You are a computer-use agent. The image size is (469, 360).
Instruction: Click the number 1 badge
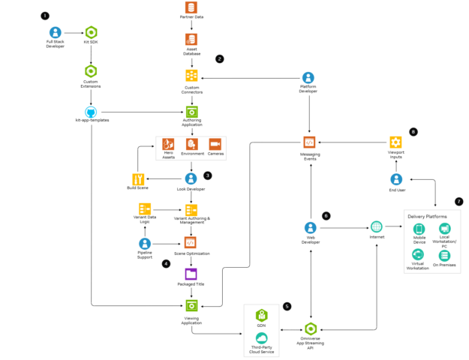[x=44, y=16]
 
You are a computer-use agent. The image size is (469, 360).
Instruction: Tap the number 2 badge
[x=220, y=58]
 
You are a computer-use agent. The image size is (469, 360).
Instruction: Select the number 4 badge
[x=167, y=263]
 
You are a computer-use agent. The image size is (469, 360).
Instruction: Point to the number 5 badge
[x=287, y=306]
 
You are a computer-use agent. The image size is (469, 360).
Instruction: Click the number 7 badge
[x=458, y=201]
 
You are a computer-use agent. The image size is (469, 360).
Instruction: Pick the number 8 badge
[x=413, y=132]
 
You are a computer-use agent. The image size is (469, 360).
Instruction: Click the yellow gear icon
[x=395, y=142]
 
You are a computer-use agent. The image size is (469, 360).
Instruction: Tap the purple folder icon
[x=191, y=274]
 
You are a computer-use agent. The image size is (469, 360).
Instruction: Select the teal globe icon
[x=376, y=226]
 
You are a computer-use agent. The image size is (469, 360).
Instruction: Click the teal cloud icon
[x=261, y=338]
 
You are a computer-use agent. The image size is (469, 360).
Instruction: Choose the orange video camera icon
[x=215, y=144]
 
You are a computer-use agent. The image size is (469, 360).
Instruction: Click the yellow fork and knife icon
[x=138, y=179]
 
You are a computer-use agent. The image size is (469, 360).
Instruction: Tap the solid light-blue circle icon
[x=91, y=112]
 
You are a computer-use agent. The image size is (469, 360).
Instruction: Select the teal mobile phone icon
[x=419, y=229]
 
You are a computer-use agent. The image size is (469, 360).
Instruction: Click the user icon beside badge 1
[x=56, y=32]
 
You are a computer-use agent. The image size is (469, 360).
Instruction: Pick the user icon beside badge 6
[x=310, y=227]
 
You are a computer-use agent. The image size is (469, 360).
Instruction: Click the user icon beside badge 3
[x=191, y=178]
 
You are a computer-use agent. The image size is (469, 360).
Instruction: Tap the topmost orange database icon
[x=191, y=7]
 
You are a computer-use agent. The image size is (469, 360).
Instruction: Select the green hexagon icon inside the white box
[x=261, y=315]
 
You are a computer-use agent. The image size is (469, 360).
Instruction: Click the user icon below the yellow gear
[x=396, y=179]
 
